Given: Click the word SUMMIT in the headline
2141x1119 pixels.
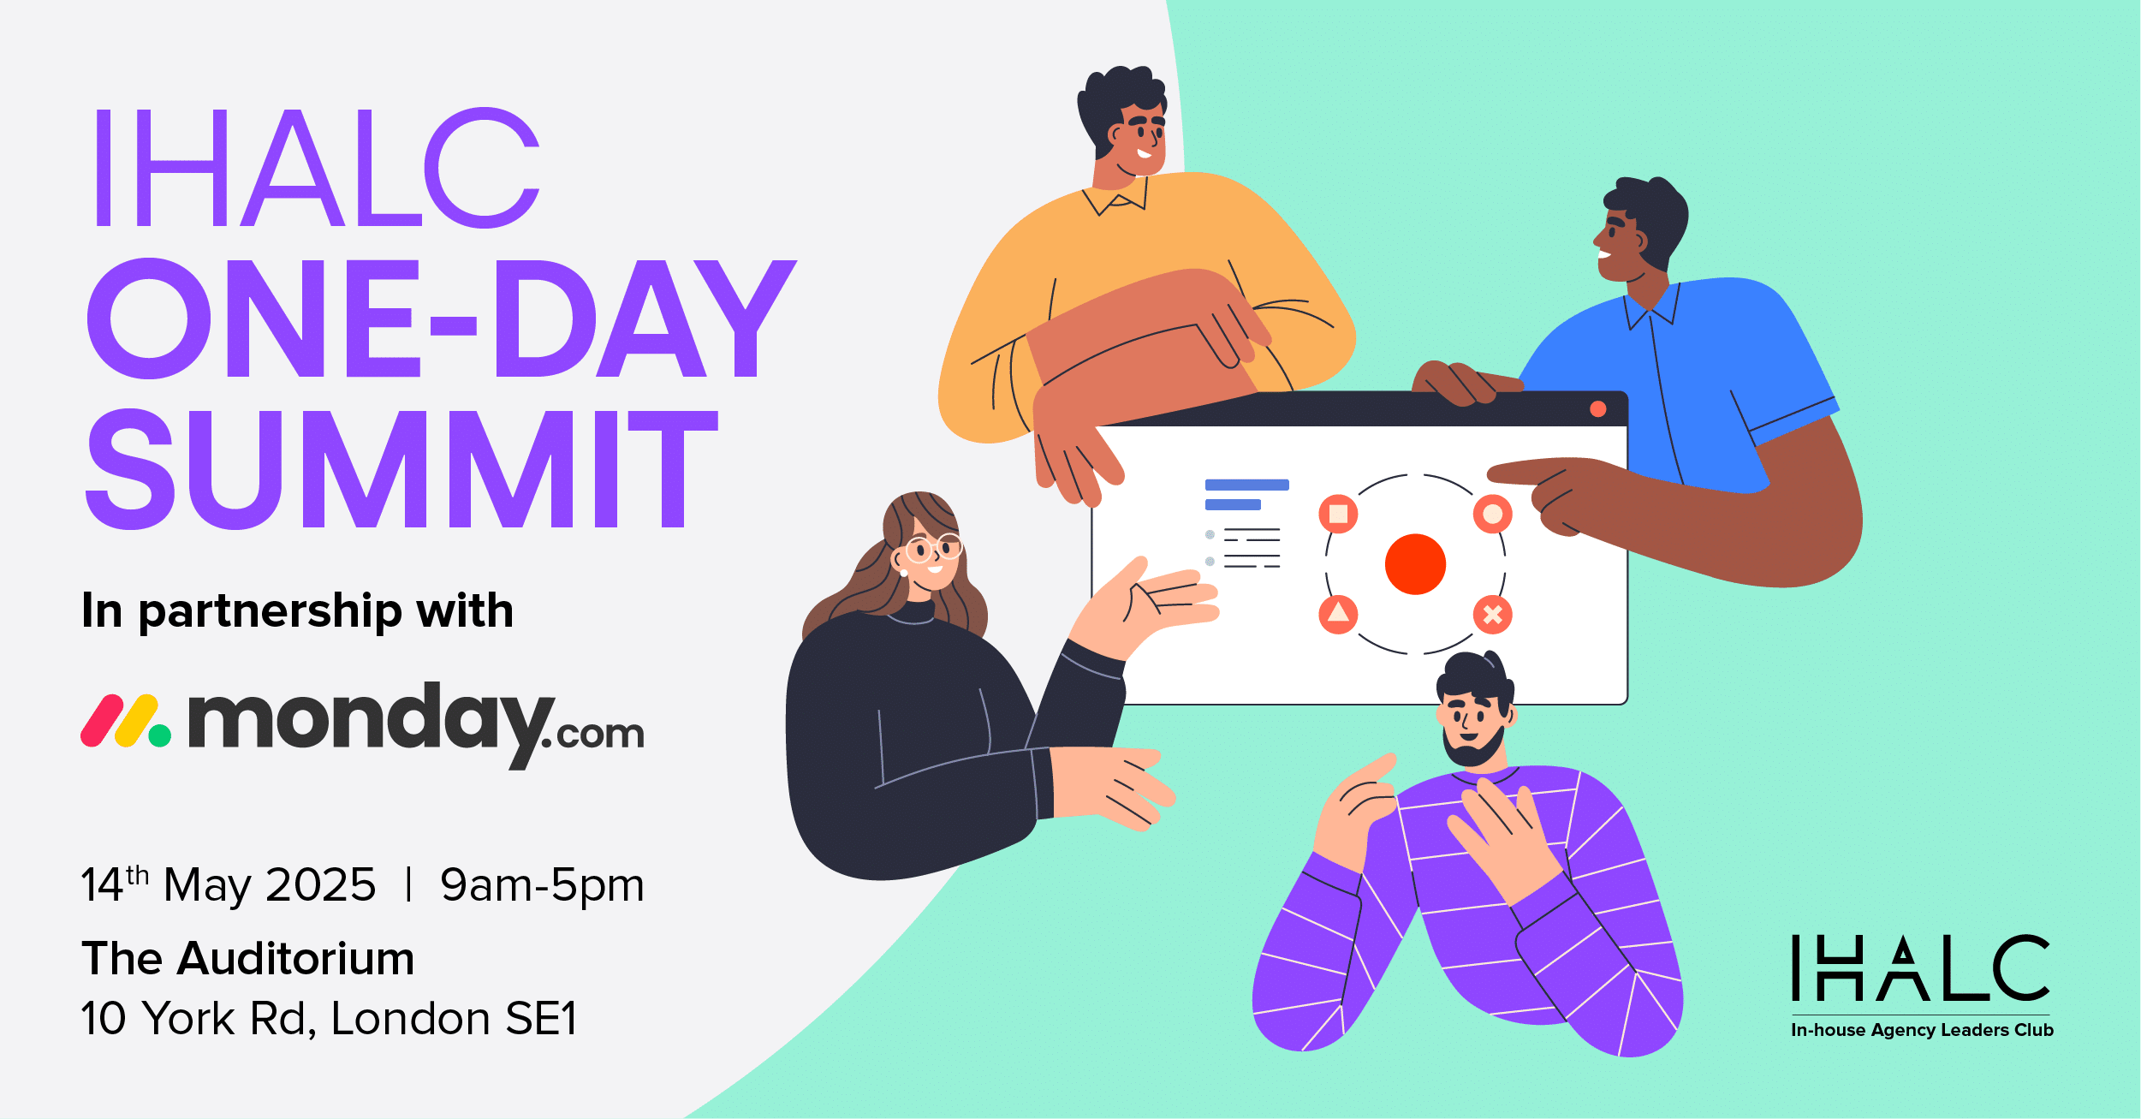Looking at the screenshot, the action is pyautogui.click(x=401, y=469).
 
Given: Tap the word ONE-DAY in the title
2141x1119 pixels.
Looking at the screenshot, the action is pyautogui.click(x=442, y=318).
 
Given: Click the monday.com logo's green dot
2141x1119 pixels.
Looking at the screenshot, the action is pyautogui.click(x=160, y=735).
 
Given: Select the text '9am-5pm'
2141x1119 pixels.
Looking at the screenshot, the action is pyautogui.click(x=542, y=885).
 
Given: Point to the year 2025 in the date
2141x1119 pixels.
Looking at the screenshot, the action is pyautogui.click(x=321, y=884).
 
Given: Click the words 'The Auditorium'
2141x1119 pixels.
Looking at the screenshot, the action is pyautogui.click(x=248, y=958).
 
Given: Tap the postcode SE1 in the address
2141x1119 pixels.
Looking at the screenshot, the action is pyautogui.click(x=542, y=1019).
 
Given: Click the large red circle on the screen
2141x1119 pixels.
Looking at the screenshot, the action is pyautogui.click(x=1415, y=564).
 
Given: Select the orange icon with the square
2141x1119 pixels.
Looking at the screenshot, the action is pyautogui.click(x=1338, y=514).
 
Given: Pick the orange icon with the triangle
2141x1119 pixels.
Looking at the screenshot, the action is pyautogui.click(x=1338, y=614).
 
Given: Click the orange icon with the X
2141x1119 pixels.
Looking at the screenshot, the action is pyautogui.click(x=1492, y=614).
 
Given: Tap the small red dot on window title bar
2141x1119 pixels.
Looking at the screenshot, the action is pyautogui.click(x=1597, y=409).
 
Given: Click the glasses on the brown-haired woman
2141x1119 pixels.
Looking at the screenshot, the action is pyautogui.click(x=935, y=548).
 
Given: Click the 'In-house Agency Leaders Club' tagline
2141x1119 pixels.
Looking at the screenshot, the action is pyautogui.click(x=1922, y=1030).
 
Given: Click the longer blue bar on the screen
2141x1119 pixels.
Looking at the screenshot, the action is pyautogui.click(x=1246, y=485).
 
